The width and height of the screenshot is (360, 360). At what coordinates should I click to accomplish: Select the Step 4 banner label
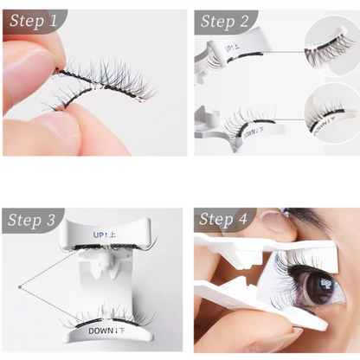coord(223,220)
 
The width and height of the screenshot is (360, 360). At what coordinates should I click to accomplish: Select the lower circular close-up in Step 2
coord(331,110)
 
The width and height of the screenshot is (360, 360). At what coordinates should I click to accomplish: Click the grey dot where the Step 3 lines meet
coord(18,286)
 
